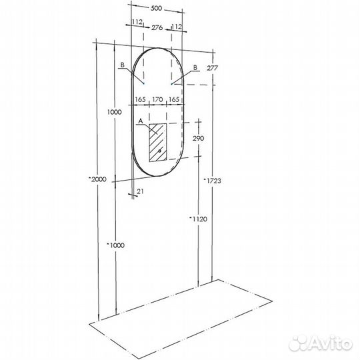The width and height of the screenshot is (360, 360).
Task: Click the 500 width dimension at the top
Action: (157, 9)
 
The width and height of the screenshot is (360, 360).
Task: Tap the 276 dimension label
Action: (157, 28)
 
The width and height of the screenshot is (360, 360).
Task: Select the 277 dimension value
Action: (213, 68)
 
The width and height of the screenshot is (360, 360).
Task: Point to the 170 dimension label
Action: (158, 99)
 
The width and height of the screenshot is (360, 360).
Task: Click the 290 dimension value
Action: (198, 139)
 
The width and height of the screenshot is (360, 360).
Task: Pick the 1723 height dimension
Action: (213, 181)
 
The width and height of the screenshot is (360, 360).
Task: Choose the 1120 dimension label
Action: (198, 219)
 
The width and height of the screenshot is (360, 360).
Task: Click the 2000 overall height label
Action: (98, 179)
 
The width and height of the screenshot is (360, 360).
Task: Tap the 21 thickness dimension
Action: (140, 191)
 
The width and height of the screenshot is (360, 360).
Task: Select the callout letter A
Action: (141, 121)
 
